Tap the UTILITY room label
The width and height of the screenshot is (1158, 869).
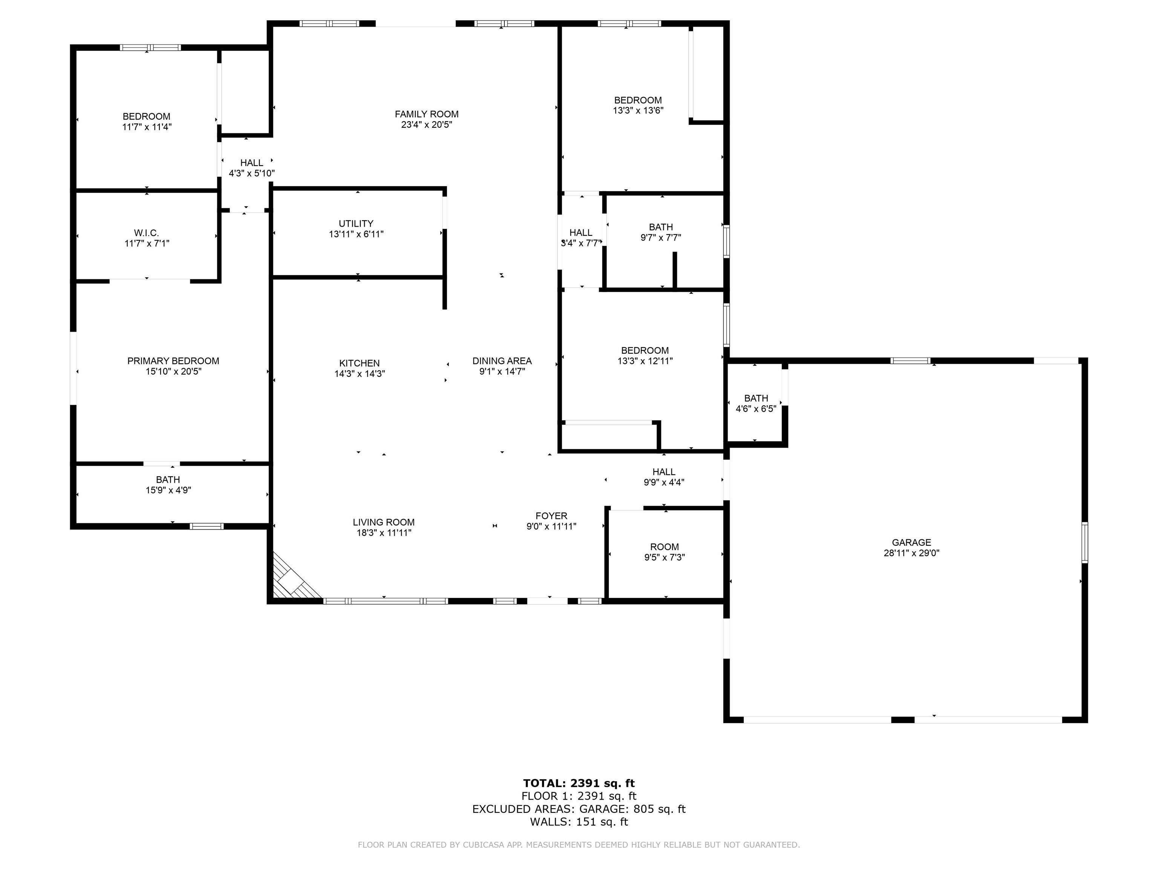[x=356, y=224]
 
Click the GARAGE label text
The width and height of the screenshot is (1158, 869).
[x=911, y=543]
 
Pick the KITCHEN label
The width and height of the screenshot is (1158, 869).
[x=359, y=363]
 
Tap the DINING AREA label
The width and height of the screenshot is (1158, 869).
[x=501, y=361]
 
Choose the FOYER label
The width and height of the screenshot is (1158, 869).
[x=551, y=516]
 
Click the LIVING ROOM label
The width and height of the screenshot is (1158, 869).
[x=383, y=522]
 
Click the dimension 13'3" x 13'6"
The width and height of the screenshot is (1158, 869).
[x=638, y=111]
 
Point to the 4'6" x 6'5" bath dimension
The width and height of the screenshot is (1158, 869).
[x=755, y=408]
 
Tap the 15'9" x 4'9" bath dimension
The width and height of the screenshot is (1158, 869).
[x=168, y=490]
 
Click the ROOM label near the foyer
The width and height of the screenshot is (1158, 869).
[x=664, y=547]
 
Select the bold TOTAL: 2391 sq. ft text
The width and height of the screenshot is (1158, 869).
[x=579, y=783]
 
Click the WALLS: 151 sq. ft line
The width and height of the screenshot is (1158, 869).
[x=579, y=822]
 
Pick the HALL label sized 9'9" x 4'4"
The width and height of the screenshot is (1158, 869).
[x=664, y=472]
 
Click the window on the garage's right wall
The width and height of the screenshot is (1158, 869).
[x=1085, y=543]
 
